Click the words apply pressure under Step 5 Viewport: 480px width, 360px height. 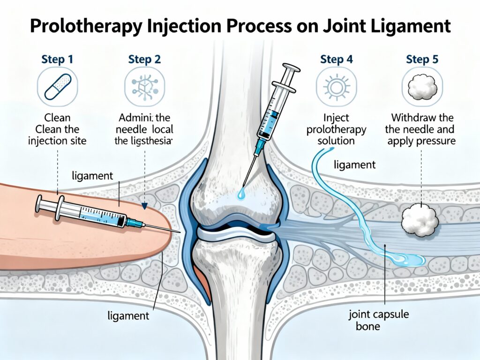(421, 140)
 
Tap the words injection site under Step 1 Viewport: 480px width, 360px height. (58, 140)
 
